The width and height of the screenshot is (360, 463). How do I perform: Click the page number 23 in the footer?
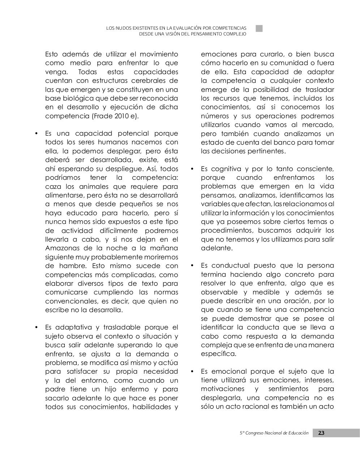click(321, 433)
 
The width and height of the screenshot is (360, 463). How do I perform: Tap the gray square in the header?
click(259, 29)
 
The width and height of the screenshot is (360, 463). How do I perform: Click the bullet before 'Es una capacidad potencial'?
click(36, 133)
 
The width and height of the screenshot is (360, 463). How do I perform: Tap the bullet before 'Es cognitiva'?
click(192, 169)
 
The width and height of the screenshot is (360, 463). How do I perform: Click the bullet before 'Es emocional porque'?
click(192, 371)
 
